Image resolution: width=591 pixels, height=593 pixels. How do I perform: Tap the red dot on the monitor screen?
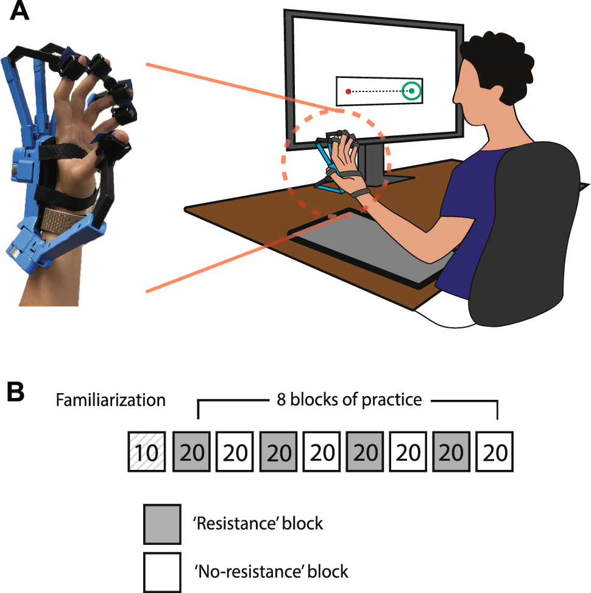pyautogui.click(x=348, y=91)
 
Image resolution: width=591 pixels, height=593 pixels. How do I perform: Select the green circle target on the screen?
pyautogui.click(x=412, y=91)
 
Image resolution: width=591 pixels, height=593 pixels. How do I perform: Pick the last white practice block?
pyautogui.click(x=495, y=452)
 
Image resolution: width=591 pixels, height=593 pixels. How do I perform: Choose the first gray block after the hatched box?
pyautogui.click(x=191, y=452)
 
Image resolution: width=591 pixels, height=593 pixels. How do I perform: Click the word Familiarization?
pyautogui.click(x=110, y=400)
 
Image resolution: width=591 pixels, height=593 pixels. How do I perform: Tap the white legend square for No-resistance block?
pyautogui.click(x=162, y=572)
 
